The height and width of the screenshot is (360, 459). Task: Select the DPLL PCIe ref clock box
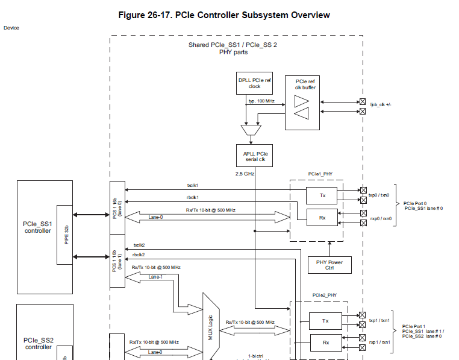[x=254, y=83]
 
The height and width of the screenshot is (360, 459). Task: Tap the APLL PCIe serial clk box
[x=254, y=155]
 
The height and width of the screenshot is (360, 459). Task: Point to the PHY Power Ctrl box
[x=329, y=265]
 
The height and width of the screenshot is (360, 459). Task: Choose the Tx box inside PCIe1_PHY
[x=322, y=195]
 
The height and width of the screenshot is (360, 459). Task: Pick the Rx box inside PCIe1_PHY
[x=322, y=217]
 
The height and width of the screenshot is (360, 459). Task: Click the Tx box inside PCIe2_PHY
[x=325, y=321]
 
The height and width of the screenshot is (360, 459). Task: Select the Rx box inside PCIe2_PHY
[x=325, y=343]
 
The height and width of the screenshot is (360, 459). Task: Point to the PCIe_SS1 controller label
[x=38, y=227]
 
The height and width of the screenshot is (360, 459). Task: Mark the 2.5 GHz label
[x=245, y=174]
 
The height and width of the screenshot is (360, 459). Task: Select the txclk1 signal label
[x=193, y=185]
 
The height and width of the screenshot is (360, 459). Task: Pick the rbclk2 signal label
[x=139, y=254]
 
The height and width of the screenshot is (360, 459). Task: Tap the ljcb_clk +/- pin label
[x=380, y=104]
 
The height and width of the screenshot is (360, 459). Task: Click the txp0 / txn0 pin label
[x=379, y=195]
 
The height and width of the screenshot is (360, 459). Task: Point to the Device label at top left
[x=11, y=28]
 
